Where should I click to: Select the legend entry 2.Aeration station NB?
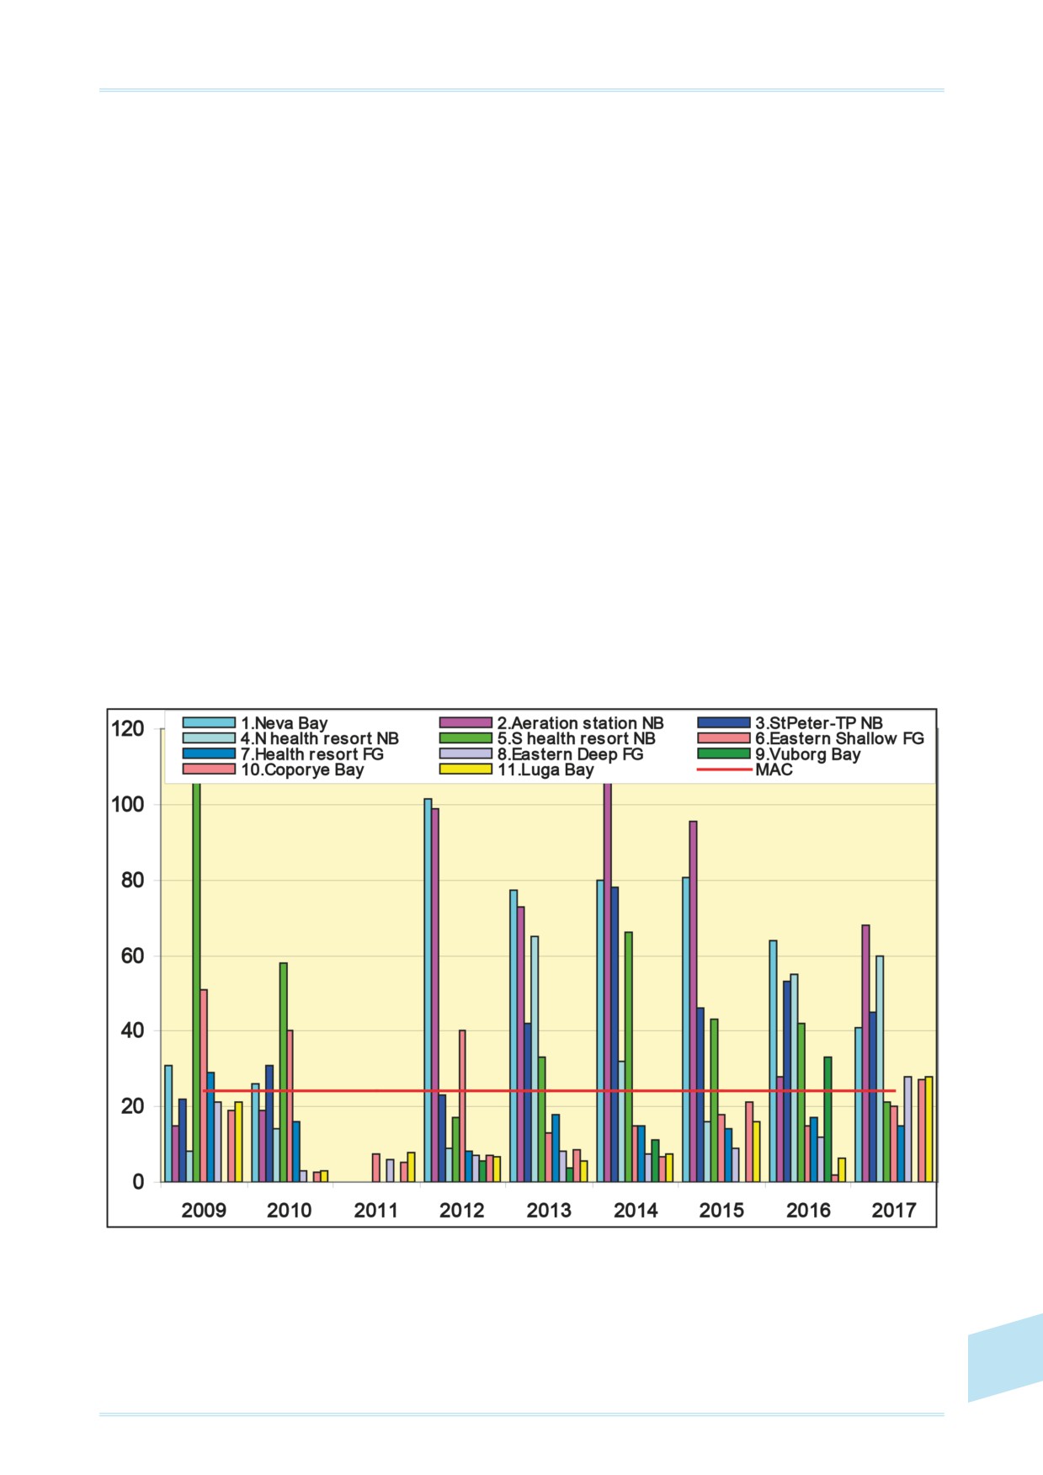click(x=551, y=723)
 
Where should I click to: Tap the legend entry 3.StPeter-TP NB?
click(x=790, y=723)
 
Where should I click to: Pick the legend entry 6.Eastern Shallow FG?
click(x=811, y=738)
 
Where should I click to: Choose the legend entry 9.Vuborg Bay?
click(x=779, y=754)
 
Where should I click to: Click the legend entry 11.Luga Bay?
click(x=516, y=769)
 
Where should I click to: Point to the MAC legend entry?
click(x=745, y=769)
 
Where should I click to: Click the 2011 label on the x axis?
click(x=375, y=1211)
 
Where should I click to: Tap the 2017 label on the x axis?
click(x=893, y=1211)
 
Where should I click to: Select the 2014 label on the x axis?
click(x=635, y=1211)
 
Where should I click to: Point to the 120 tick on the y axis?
click(x=128, y=729)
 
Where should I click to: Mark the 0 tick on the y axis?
click(x=138, y=1182)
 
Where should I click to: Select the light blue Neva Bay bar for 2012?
click(x=428, y=990)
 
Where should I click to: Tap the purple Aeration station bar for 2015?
click(x=693, y=1001)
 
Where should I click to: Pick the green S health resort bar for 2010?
click(x=283, y=1073)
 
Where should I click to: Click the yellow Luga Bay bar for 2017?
click(x=929, y=1129)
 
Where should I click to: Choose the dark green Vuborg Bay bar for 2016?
click(x=827, y=1119)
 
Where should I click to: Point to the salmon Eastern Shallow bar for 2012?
click(x=462, y=1106)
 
